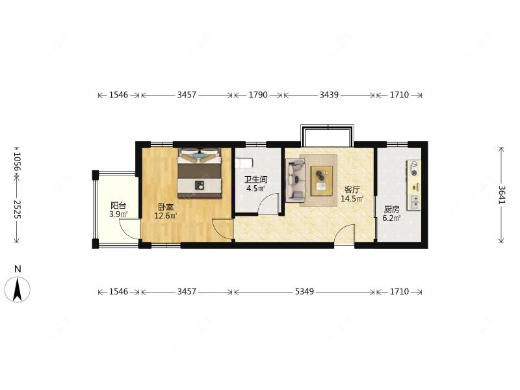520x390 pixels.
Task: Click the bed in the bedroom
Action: (x=200, y=173)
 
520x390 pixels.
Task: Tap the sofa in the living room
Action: (x=296, y=180)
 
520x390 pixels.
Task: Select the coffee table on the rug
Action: (x=321, y=181)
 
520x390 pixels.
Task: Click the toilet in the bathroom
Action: (x=245, y=163)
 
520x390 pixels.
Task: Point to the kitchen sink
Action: (x=415, y=201)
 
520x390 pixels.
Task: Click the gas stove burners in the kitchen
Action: (x=414, y=168)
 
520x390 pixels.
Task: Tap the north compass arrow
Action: (x=18, y=289)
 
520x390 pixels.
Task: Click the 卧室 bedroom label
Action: (x=166, y=207)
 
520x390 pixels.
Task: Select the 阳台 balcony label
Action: (x=118, y=205)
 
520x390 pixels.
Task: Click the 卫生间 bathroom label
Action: (x=255, y=180)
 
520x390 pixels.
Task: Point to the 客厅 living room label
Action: (x=352, y=190)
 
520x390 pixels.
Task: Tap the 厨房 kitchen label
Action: (x=392, y=209)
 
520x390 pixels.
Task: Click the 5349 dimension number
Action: (x=304, y=291)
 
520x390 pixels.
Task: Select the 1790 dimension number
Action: (x=258, y=95)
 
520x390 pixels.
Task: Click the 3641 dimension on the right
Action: (x=502, y=194)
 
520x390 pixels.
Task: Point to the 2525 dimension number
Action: (x=18, y=209)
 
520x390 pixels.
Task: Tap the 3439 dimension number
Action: (x=329, y=95)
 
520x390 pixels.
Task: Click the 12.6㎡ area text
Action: (x=166, y=216)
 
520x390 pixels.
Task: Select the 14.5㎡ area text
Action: (x=352, y=199)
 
